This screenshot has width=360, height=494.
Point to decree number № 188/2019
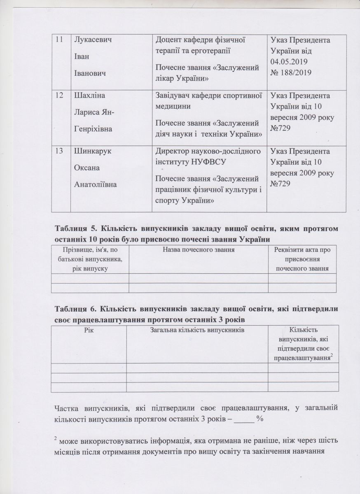click(x=290, y=72)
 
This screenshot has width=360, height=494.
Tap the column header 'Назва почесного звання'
click(x=199, y=249)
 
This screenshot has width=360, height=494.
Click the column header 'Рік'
click(x=88, y=329)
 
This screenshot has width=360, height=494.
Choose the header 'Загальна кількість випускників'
click(x=196, y=329)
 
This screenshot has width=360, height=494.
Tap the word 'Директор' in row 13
click(x=170, y=151)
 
